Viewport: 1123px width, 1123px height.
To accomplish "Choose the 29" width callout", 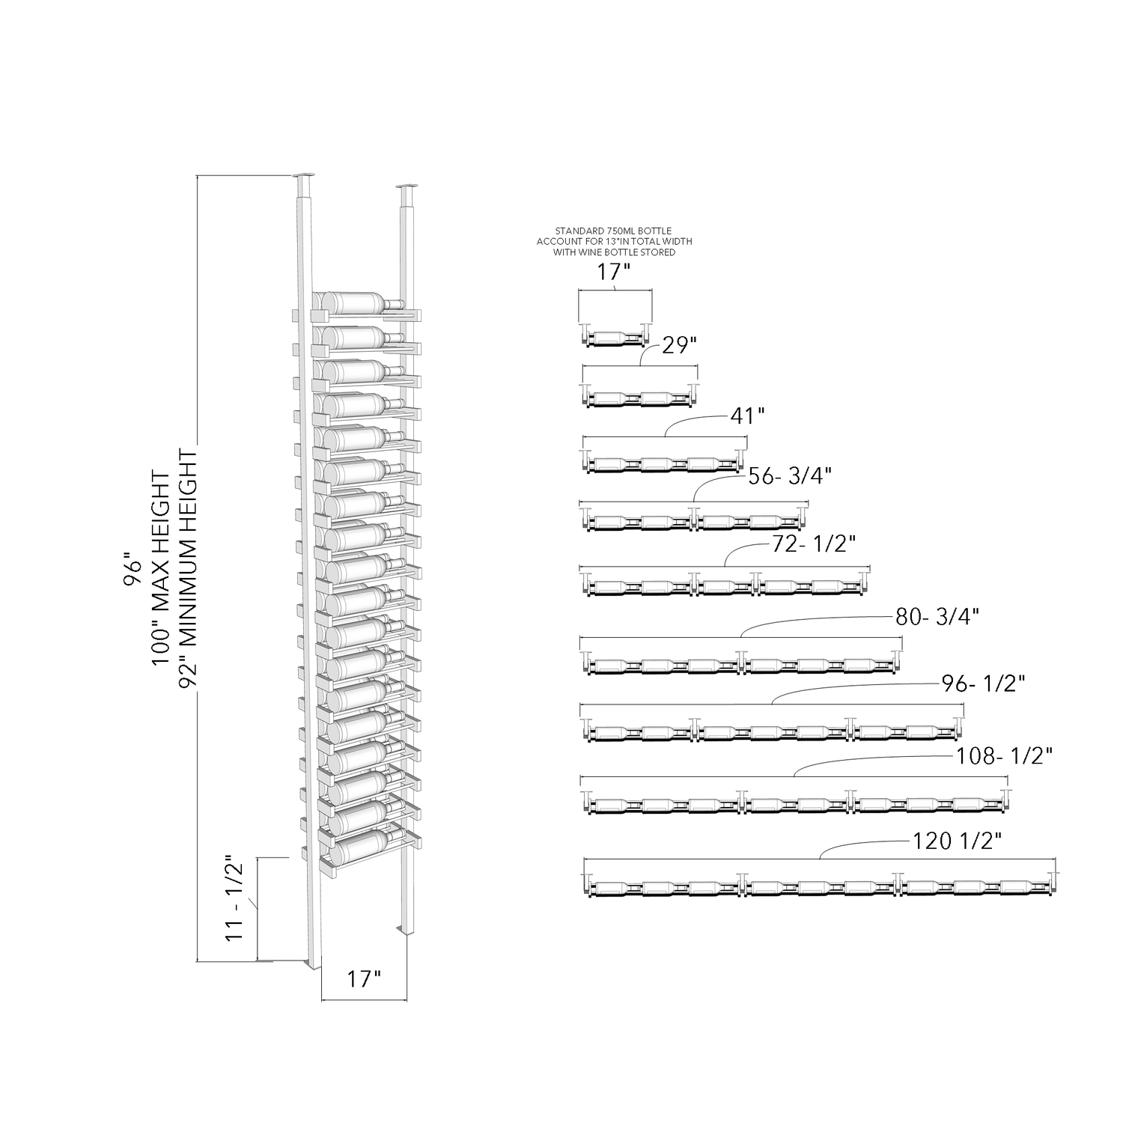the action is tap(680, 345).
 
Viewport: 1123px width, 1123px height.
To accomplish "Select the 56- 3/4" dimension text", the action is tap(791, 475).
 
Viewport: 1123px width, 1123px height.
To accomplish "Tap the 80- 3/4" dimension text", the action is tap(937, 617).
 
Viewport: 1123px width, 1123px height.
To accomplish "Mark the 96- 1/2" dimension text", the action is tap(983, 684).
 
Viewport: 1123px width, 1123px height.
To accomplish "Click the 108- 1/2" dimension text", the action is tap(1005, 757).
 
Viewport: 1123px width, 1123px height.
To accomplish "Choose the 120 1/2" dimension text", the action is tap(958, 842).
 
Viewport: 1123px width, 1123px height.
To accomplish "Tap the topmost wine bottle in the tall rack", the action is tap(359, 303).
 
